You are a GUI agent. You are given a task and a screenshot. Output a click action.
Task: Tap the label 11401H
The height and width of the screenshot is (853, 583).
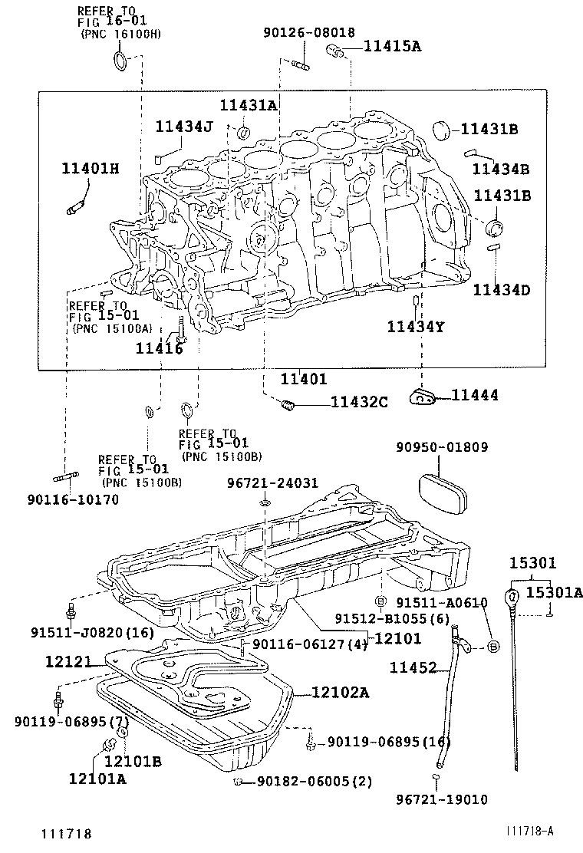(x=91, y=168)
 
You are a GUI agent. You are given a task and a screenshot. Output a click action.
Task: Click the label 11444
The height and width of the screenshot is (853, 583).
(x=474, y=395)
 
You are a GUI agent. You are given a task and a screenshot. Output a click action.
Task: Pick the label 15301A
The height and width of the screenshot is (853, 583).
(x=554, y=591)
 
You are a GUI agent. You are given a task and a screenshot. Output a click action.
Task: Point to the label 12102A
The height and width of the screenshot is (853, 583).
(x=341, y=693)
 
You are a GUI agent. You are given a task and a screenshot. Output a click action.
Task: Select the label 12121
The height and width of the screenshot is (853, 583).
(x=68, y=661)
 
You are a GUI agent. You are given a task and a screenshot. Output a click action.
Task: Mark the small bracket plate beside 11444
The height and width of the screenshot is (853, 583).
(x=423, y=396)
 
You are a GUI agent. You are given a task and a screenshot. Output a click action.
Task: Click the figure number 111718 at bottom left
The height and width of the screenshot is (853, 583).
(x=67, y=833)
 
